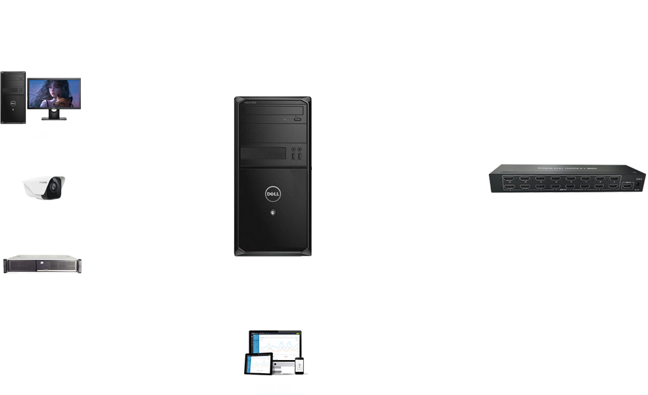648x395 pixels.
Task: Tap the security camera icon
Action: point(43,187)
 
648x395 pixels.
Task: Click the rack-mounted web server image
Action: point(42,264)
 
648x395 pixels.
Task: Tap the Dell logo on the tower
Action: point(273,194)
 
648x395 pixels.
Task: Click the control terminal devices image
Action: point(276,354)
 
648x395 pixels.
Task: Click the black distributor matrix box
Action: point(566,179)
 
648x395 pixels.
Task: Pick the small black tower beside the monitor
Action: point(13,97)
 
